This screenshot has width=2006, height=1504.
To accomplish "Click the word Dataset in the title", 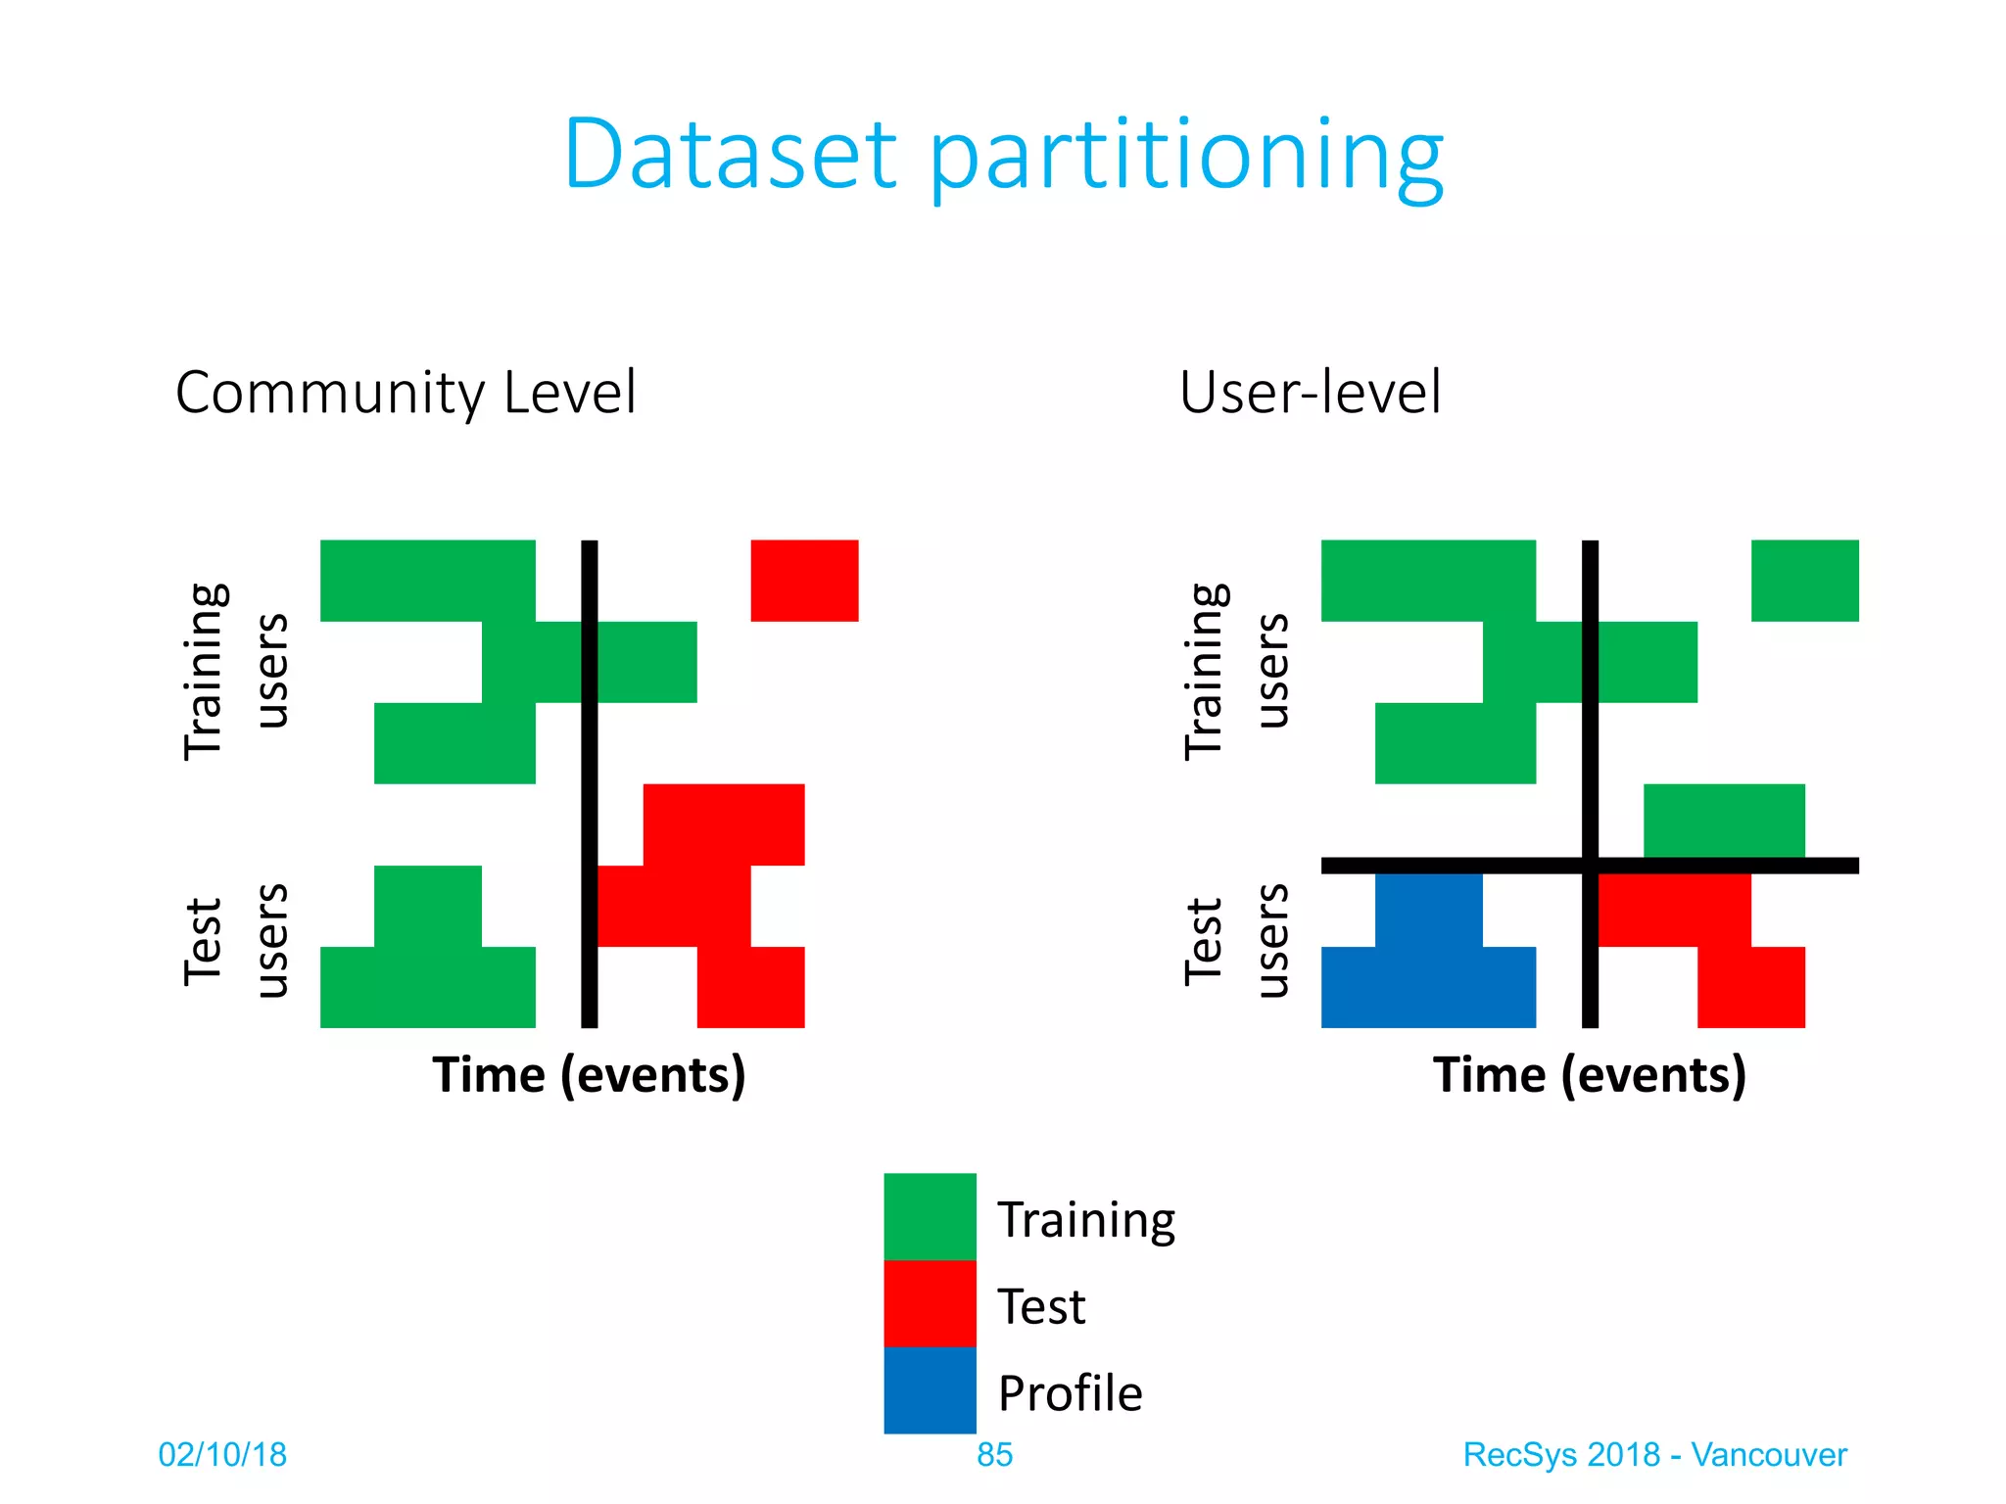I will (x=730, y=154).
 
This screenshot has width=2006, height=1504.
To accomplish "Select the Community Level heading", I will (x=406, y=393).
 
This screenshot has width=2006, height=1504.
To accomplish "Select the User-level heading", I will (x=1310, y=393).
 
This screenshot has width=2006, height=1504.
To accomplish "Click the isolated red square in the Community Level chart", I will (x=804, y=580).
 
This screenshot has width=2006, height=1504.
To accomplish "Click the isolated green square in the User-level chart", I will (x=1804, y=580).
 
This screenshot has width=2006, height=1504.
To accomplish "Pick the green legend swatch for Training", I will (x=930, y=1216).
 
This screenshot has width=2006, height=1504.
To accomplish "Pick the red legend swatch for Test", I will (x=930, y=1303).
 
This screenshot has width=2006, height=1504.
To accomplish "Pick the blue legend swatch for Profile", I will (x=930, y=1390).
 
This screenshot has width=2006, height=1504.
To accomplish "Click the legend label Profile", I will (x=1070, y=1392).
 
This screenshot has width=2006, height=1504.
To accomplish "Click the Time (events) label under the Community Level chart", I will (x=589, y=1075).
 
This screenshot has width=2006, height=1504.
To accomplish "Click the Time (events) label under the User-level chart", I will (x=1589, y=1075).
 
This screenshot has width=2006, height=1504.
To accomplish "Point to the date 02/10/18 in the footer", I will (x=222, y=1455).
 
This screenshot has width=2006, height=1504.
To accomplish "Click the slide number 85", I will (x=994, y=1455).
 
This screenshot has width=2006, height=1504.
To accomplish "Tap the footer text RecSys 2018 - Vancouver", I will (x=1653, y=1455).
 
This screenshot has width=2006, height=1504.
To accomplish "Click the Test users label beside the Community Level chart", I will (x=235, y=940).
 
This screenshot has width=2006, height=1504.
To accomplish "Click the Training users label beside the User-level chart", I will (x=1236, y=671).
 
